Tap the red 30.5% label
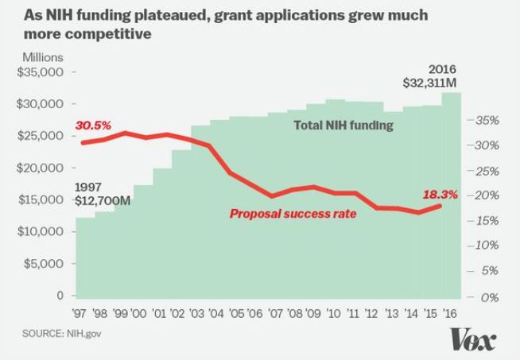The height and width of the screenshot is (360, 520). tap(93, 126)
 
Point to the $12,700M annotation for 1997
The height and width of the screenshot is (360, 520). tap(101, 201)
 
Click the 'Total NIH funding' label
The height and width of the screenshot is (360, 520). tap(343, 125)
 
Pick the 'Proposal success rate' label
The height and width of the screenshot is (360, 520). tap(293, 213)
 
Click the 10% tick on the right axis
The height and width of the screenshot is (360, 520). tap(487, 246)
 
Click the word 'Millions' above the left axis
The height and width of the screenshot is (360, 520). tap(42, 58)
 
